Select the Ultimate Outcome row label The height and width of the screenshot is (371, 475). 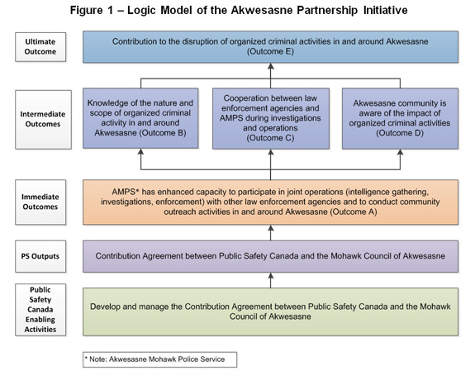(x=40, y=45)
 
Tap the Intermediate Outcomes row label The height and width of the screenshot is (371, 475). (x=40, y=119)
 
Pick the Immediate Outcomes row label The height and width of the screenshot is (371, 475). (x=40, y=202)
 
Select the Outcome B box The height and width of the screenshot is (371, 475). (x=140, y=118)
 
